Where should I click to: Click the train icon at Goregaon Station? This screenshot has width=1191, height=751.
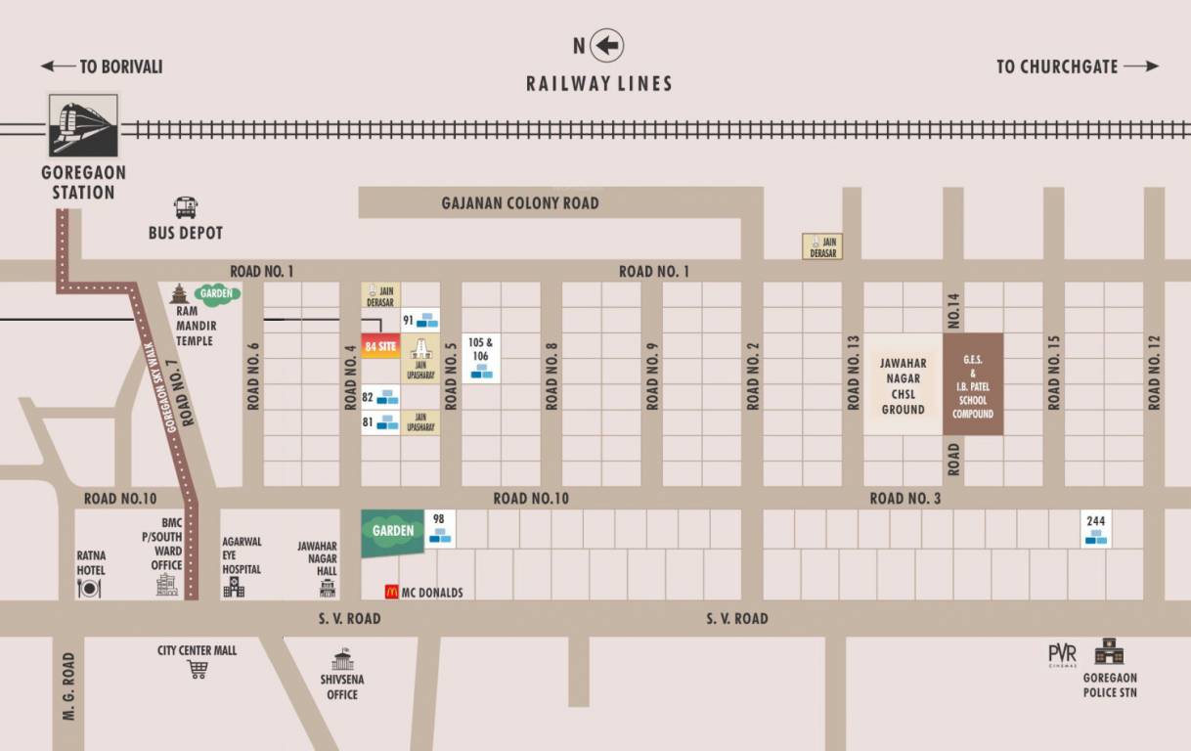[x=83, y=125]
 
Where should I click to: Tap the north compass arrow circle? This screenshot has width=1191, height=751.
[x=606, y=45]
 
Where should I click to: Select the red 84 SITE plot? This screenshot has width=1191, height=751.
[x=380, y=346]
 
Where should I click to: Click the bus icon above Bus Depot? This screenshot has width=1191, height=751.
[x=186, y=207]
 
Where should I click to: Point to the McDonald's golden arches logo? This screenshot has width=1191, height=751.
[x=392, y=592]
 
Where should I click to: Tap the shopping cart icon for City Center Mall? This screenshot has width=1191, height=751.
[x=198, y=670]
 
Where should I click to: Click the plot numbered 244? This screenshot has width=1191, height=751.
[x=1095, y=528]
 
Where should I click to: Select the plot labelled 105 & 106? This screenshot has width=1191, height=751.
[x=481, y=357]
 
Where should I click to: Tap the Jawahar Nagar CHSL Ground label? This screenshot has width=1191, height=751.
[x=903, y=386]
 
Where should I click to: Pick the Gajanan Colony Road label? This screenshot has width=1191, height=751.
[x=520, y=203]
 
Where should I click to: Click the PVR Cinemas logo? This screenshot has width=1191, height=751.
[x=1062, y=654]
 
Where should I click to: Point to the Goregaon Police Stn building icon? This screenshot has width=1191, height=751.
[x=1109, y=652]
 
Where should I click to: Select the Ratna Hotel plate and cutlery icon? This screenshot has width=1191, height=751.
[x=90, y=587]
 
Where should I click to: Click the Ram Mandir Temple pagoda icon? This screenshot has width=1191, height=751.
[x=178, y=293]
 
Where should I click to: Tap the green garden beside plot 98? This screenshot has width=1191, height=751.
[x=393, y=532]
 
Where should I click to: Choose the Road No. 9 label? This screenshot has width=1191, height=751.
[x=652, y=377]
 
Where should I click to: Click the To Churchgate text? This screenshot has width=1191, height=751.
[x=1057, y=66]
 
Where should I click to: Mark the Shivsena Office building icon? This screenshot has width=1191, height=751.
[x=342, y=660]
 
